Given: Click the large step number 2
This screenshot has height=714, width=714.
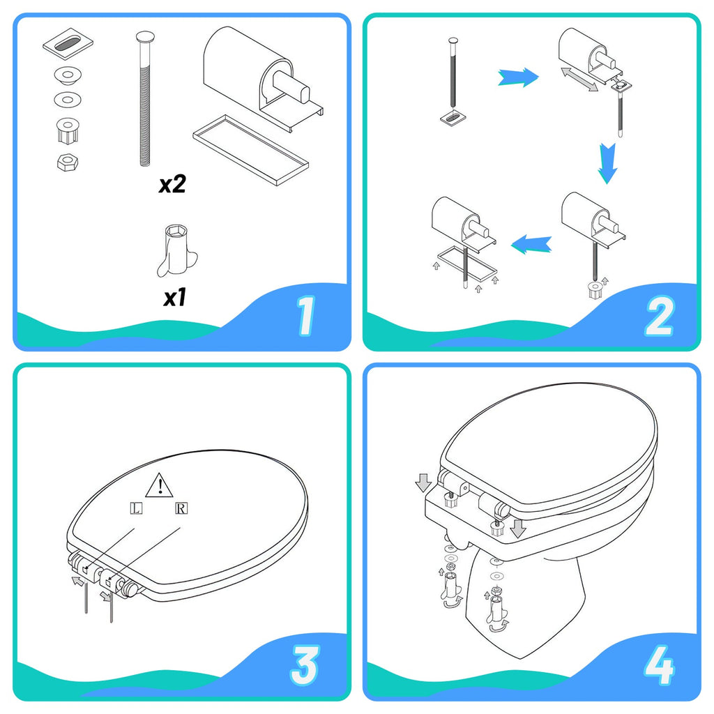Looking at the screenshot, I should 658,315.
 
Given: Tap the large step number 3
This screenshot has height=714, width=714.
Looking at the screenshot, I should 304,665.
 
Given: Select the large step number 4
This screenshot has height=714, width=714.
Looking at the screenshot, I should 658,665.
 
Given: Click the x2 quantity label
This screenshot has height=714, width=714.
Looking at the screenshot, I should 172,185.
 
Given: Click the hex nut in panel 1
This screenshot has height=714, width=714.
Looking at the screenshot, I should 66,161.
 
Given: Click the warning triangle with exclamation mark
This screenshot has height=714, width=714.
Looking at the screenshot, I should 160,483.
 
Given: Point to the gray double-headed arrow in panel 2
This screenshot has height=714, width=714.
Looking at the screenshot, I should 579,78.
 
